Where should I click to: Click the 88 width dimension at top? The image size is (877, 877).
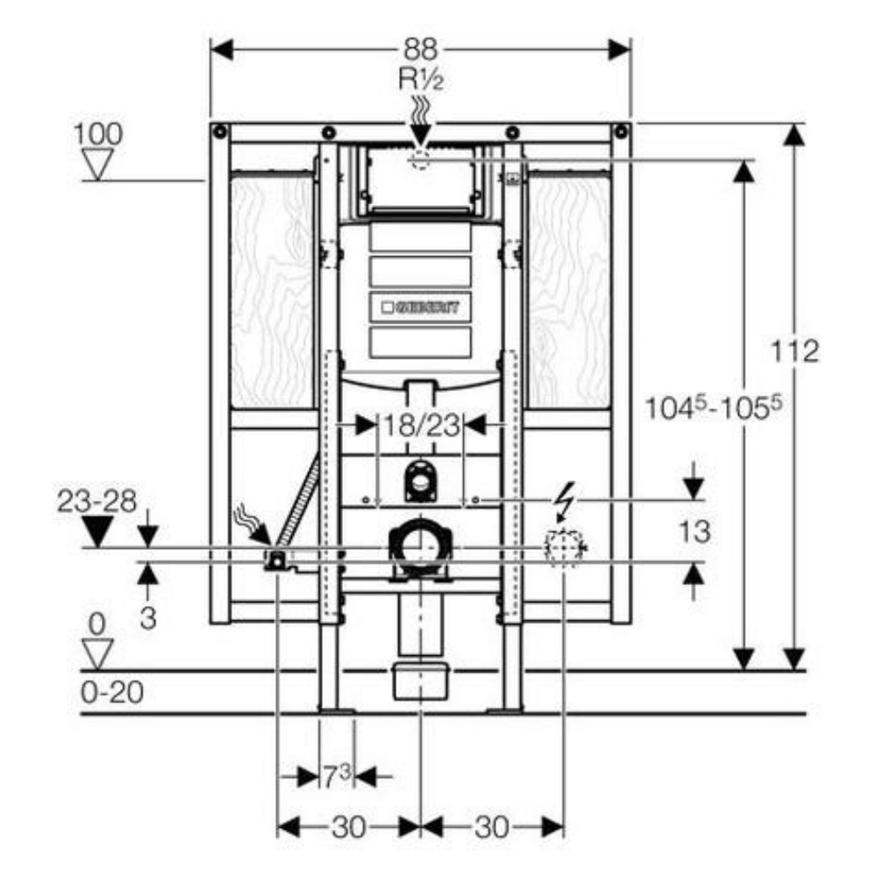421,50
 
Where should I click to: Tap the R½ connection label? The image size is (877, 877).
421,79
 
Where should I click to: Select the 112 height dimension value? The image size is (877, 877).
795,352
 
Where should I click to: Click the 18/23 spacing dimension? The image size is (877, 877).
421,425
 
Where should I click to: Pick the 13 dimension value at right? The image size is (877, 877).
694,531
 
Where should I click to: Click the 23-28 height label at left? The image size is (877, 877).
96,502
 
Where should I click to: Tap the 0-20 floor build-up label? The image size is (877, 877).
112,693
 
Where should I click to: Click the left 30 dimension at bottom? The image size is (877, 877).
348,827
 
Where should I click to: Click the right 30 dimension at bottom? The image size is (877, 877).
492,827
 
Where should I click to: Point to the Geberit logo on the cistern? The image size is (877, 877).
421,307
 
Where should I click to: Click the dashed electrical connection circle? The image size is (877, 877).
564,547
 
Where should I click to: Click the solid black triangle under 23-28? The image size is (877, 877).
98,532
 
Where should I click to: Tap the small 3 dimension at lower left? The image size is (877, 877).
147,618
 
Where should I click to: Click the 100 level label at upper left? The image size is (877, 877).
98,134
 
